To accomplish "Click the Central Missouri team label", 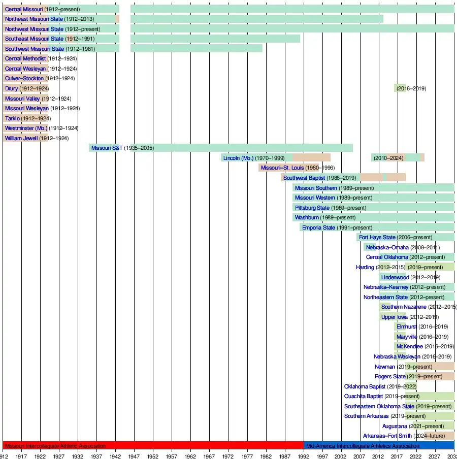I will pos(24,9).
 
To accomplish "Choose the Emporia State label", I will pos(318,227).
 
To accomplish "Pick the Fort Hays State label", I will pos(377,237).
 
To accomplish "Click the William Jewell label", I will pos(21,138).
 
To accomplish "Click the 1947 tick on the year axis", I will pos(134,456).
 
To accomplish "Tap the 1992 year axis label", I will pos(304,456).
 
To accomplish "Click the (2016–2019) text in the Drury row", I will pos(411,88).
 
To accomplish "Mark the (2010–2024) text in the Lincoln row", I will pos(389,158).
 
